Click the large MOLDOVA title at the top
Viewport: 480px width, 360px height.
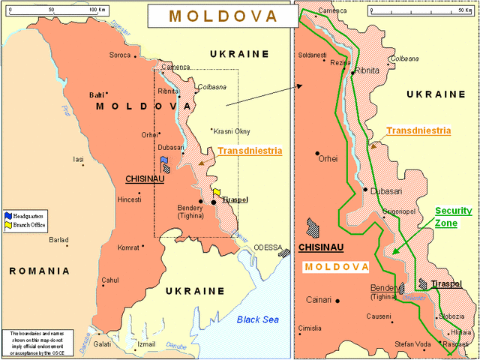coord(223,15)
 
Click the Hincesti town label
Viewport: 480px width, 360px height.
coord(129,199)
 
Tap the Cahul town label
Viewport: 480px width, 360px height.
coord(110,280)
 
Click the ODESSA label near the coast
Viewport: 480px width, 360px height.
coord(268,247)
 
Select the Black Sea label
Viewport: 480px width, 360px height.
coord(257,319)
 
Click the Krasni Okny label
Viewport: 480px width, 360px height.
coord(232,131)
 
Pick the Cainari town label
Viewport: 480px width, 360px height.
coord(319,300)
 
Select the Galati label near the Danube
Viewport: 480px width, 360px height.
coord(102,344)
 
